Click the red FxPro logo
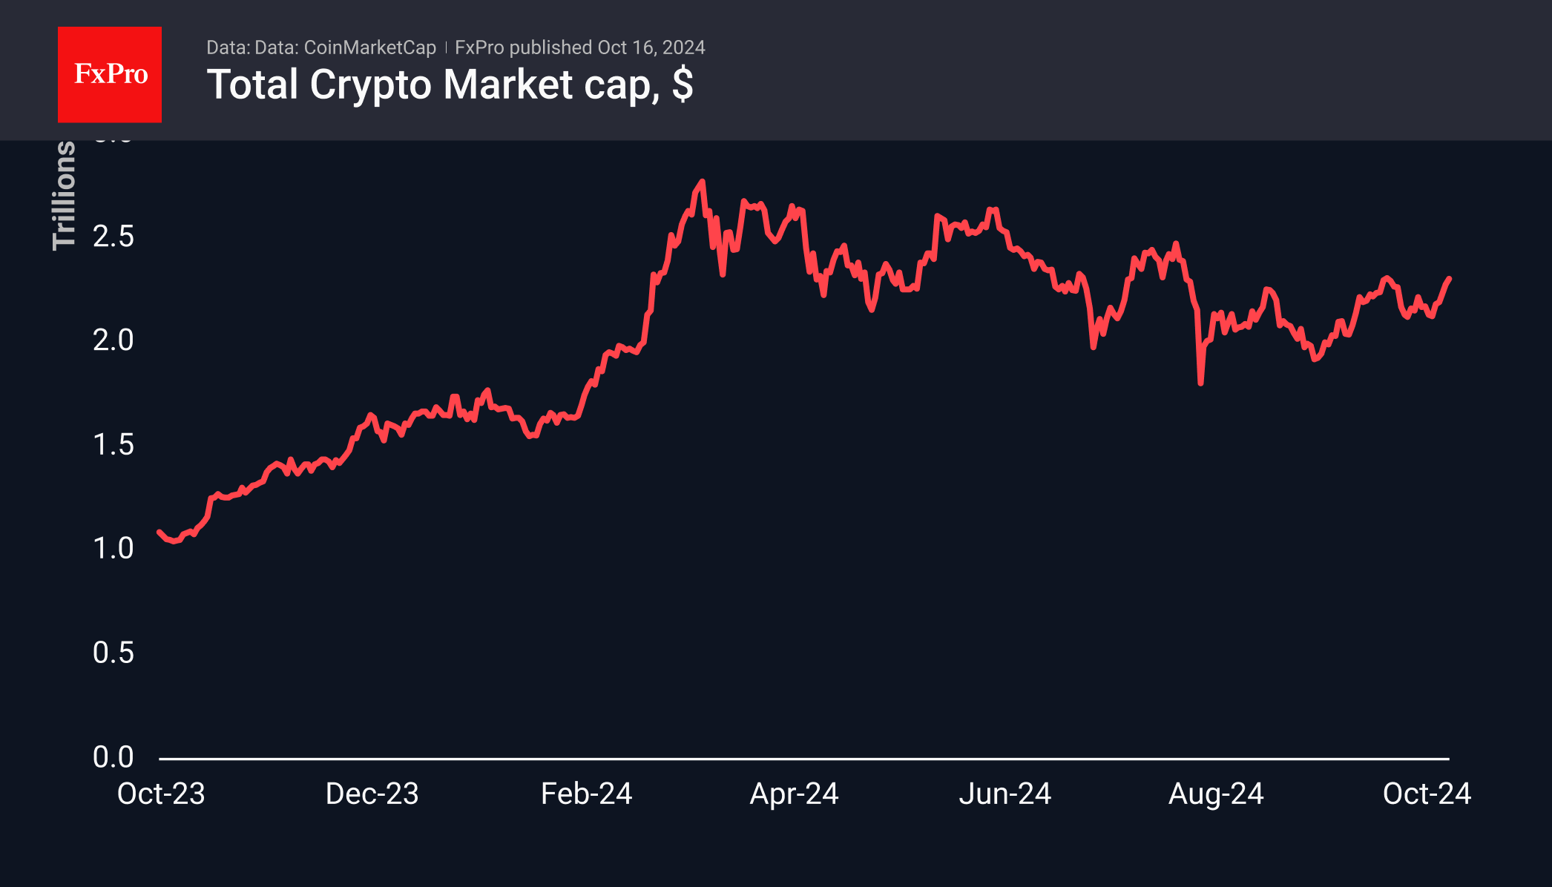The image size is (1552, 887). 110,74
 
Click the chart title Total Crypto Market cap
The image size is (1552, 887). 450,85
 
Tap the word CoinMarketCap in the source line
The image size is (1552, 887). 369,47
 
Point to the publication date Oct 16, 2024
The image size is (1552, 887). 651,47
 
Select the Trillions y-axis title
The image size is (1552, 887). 65,196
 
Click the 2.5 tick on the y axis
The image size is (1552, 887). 113,237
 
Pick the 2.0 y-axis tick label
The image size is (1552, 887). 113,340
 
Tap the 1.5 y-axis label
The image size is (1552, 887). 113,445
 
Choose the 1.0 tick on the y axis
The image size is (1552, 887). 113,549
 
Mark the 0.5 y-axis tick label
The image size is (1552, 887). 113,653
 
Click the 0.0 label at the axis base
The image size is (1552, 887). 113,757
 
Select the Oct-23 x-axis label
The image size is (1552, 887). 161,794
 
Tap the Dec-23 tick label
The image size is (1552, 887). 372,794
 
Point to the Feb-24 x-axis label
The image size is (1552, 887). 586,794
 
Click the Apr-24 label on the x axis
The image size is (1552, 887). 794,794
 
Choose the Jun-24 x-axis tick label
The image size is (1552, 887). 1004,794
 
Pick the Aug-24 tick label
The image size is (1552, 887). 1216,794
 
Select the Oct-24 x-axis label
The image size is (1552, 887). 1427,794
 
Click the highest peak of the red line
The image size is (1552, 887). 702,182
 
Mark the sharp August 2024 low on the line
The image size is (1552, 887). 1200,383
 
